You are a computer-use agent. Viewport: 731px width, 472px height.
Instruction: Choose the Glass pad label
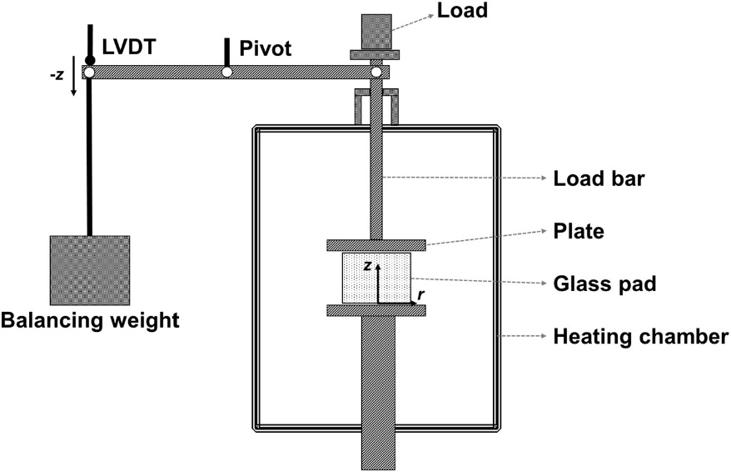pyautogui.click(x=604, y=283)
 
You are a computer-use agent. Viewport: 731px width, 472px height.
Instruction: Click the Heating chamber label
pyautogui.click(x=640, y=337)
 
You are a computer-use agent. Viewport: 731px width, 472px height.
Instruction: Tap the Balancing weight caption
pyautogui.click(x=89, y=319)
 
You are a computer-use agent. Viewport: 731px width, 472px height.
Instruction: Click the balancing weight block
pyautogui.click(x=89, y=271)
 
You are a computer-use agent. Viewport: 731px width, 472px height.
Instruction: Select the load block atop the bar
pyautogui.click(x=376, y=31)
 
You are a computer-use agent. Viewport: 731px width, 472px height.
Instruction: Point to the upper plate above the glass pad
pyautogui.click(x=376, y=244)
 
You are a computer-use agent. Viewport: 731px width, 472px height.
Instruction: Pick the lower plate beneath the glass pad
pyautogui.click(x=376, y=310)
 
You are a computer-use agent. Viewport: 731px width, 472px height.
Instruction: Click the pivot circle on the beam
pyautogui.click(x=226, y=73)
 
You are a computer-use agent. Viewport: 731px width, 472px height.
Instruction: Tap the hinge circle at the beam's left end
pyautogui.click(x=89, y=73)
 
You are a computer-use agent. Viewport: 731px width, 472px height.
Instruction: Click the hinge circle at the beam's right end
pyautogui.click(x=376, y=73)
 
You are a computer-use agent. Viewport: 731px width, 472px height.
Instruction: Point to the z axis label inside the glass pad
pyautogui.click(x=367, y=264)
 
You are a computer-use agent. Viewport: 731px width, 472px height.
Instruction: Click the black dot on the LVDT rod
pyautogui.click(x=89, y=59)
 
